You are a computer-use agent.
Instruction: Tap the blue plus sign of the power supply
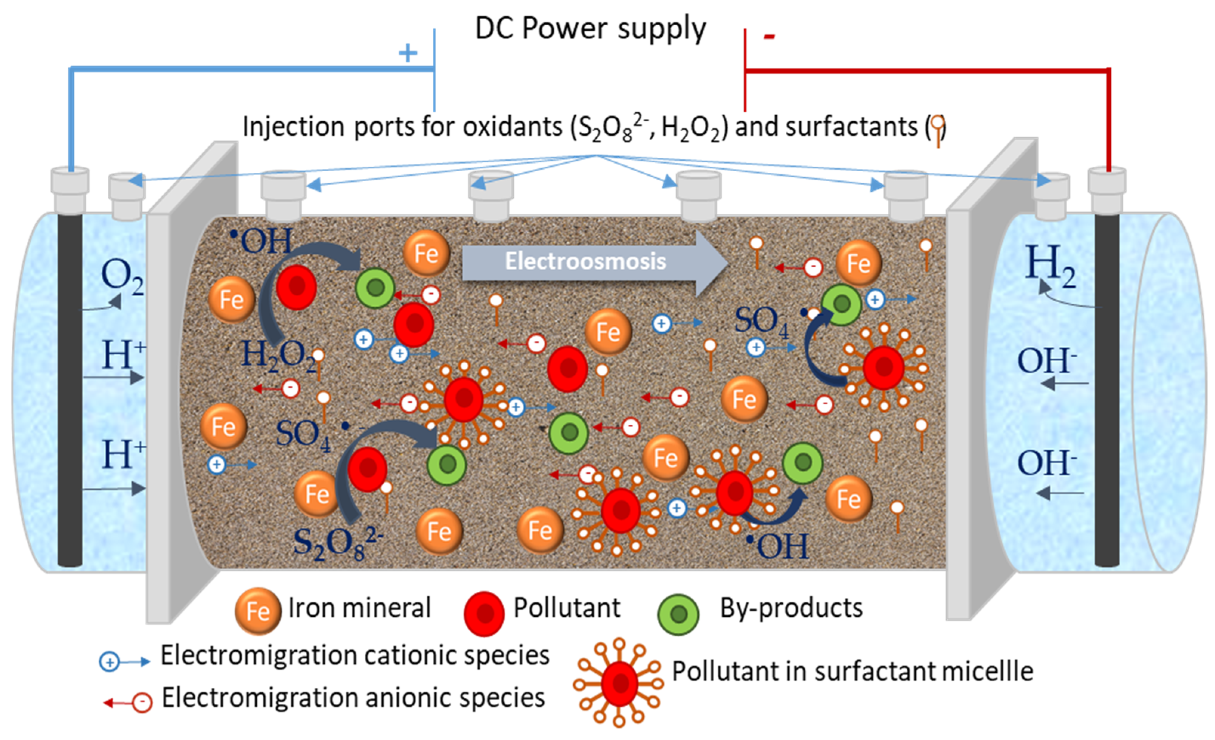408,53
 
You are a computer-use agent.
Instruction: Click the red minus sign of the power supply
769,36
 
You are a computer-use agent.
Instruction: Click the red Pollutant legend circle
484,613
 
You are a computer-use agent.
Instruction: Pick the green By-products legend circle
678,614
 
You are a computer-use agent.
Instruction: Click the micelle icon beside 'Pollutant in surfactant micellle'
619,683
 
